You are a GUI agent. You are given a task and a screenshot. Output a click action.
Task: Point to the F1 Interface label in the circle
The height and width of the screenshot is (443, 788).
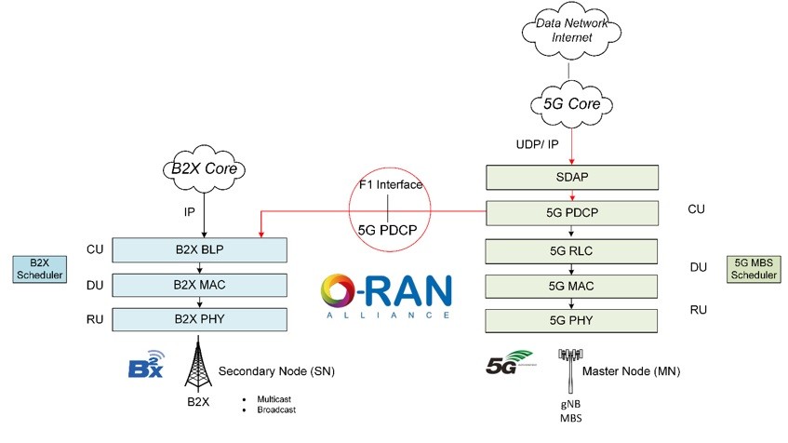(392, 184)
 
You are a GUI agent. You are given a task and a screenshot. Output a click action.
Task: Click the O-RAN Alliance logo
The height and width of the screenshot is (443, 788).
(386, 296)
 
